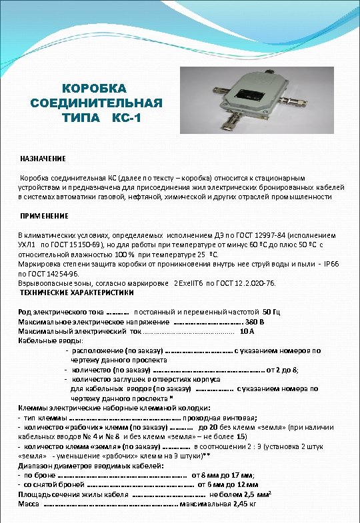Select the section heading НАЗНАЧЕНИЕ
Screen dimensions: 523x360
point(42,159)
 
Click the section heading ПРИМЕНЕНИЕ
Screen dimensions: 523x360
point(44,217)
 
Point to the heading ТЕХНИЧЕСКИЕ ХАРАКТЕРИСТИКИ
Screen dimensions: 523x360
point(77,292)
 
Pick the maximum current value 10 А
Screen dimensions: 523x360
point(246,330)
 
